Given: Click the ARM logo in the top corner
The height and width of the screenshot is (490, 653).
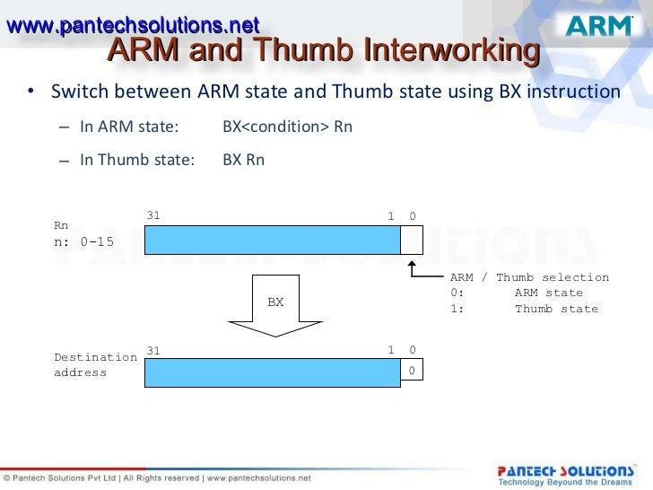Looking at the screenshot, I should click(599, 26).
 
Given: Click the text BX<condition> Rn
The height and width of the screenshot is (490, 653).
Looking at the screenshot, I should click(287, 127).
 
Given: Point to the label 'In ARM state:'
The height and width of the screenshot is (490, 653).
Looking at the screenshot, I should click(129, 127).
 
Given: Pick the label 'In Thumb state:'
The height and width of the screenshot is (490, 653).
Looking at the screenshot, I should click(136, 161).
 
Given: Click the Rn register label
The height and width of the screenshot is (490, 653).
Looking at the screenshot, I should click(62, 226).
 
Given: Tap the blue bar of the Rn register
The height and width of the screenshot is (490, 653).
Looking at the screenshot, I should click(272, 241).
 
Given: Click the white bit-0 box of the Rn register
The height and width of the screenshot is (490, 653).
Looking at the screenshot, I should click(411, 241).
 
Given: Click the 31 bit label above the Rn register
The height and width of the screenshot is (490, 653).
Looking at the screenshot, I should click(153, 216).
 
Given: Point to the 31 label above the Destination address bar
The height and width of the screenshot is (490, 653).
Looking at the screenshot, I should click(153, 350).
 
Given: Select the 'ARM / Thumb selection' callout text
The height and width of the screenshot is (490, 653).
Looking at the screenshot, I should click(529, 277).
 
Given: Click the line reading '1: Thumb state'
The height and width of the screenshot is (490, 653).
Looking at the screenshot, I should click(524, 309).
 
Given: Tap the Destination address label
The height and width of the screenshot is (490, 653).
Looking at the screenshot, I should click(95, 364).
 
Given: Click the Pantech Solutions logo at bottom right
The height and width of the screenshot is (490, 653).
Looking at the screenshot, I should click(565, 472).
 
